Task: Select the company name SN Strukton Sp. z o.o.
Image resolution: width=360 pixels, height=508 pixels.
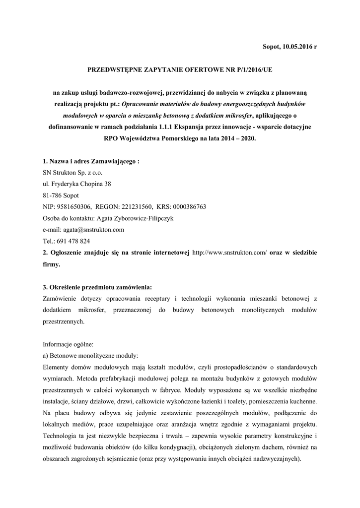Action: (x=73, y=172)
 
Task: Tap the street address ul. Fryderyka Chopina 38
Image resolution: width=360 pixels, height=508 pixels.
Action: (x=77, y=184)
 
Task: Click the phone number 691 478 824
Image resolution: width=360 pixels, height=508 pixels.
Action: (x=72, y=241)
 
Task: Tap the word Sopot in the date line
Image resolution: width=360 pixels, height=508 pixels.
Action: (x=270, y=46)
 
